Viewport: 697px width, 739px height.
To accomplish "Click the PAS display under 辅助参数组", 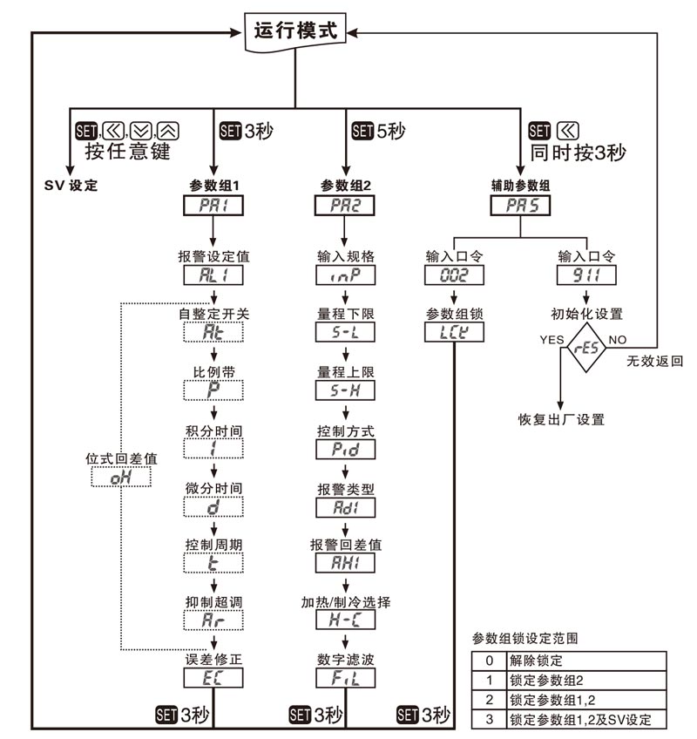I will [x=521, y=207].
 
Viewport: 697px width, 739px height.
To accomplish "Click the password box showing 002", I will [x=453, y=276].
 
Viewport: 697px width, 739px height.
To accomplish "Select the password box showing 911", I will [x=586, y=276].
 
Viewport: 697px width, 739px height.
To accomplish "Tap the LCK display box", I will [x=453, y=332].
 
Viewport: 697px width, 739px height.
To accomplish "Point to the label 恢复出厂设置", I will [x=560, y=419].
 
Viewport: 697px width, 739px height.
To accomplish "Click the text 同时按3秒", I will [x=579, y=151].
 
